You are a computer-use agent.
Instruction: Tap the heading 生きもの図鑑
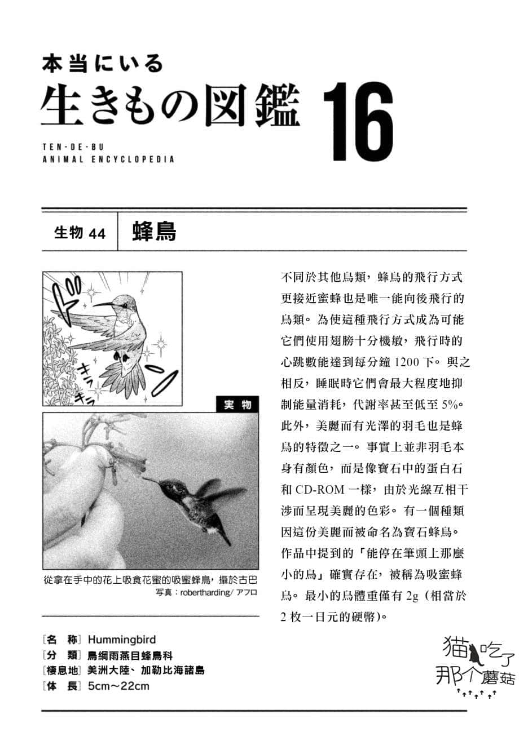[x=170, y=105]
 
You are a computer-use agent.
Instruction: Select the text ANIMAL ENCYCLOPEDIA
[x=108, y=159]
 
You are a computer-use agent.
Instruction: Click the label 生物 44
[x=80, y=233]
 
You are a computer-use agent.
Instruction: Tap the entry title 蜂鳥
[x=154, y=232]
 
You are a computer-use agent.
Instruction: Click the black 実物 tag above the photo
[x=237, y=405]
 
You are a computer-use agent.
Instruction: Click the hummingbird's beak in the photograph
[x=149, y=480]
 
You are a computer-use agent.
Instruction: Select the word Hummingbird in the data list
[x=122, y=640]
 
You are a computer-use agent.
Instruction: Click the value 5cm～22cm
[x=118, y=686]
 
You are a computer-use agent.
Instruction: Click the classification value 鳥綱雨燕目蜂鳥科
[x=130, y=655]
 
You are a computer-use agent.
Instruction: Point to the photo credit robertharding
[x=205, y=592]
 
